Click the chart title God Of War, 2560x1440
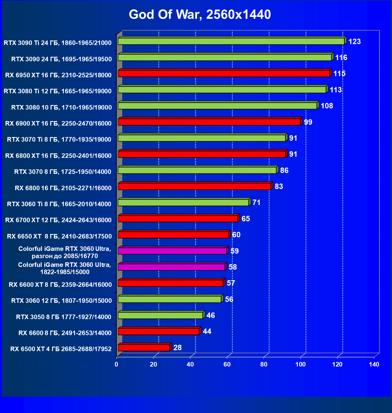tap(200, 14)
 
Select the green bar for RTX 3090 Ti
tap(231, 41)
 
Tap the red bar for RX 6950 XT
tap(224, 74)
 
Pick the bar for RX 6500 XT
tap(144, 348)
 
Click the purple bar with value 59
tap(172, 251)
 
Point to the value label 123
tap(354, 42)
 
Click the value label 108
tap(327, 106)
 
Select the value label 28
tap(177, 348)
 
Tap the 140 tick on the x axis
tap(374, 364)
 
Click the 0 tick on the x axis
tap(116, 364)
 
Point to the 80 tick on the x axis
tap(264, 364)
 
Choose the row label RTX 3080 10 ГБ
tap(62, 107)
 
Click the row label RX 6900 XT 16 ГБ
tap(58, 123)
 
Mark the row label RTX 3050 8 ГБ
tap(64, 317)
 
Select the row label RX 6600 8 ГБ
tap(65, 333)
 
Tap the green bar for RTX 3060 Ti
tap(183, 203)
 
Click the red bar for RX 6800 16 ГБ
tap(194, 187)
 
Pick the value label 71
tap(256, 203)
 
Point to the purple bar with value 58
tap(171, 267)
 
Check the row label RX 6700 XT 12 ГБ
tap(58, 220)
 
